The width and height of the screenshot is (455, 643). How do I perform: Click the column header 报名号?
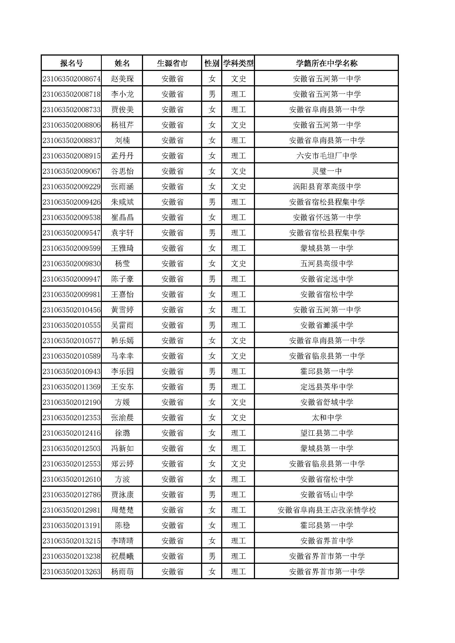[72, 63]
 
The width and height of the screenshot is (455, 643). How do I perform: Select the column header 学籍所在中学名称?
[327, 63]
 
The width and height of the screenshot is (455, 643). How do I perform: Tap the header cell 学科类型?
[238, 63]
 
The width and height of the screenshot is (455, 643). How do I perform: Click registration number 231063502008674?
[72, 79]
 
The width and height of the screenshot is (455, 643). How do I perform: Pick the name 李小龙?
[122, 94]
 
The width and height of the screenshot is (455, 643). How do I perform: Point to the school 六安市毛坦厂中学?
[327, 156]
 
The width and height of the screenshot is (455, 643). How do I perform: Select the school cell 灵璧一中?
[327, 171]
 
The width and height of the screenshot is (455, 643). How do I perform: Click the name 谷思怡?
[122, 171]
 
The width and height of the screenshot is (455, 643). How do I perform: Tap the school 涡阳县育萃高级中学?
[327, 187]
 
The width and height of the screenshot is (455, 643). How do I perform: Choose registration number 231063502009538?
[72, 218]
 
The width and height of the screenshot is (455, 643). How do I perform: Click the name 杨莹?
[122, 264]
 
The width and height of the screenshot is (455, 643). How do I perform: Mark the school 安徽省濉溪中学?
[327, 325]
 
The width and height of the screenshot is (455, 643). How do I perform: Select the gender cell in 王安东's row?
[212, 387]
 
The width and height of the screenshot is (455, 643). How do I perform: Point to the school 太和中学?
[327, 418]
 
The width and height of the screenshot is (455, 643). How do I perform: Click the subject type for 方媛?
[238, 402]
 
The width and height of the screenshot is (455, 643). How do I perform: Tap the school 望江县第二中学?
[327, 433]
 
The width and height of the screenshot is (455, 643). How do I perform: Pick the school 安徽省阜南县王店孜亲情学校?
[327, 510]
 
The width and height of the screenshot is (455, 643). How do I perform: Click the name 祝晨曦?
[122, 556]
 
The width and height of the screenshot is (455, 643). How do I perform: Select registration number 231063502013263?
[72, 572]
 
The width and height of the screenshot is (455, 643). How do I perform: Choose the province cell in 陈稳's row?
[172, 526]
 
